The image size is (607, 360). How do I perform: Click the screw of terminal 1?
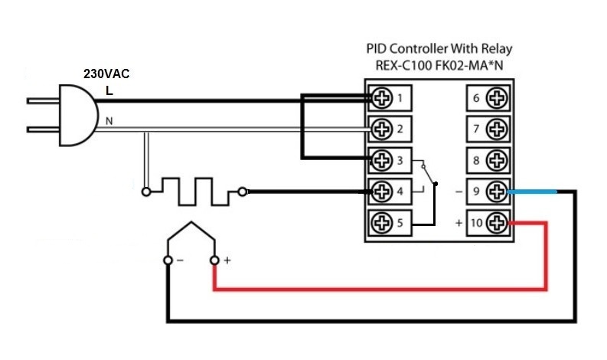point(380,97)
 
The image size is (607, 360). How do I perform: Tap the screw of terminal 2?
point(380,128)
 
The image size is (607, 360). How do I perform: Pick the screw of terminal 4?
point(380,191)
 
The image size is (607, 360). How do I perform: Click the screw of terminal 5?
point(380,222)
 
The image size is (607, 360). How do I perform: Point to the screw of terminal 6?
point(496,97)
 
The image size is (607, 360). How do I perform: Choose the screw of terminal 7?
point(496,128)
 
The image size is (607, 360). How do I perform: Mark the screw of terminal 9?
point(496,191)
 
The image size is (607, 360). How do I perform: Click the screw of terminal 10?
point(496,222)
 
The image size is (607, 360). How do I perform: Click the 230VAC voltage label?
point(106,76)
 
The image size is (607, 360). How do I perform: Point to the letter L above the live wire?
point(109,90)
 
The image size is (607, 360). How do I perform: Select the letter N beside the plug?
point(109,121)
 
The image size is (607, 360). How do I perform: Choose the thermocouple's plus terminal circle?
point(214,261)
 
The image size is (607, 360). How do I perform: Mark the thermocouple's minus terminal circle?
point(168,261)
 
